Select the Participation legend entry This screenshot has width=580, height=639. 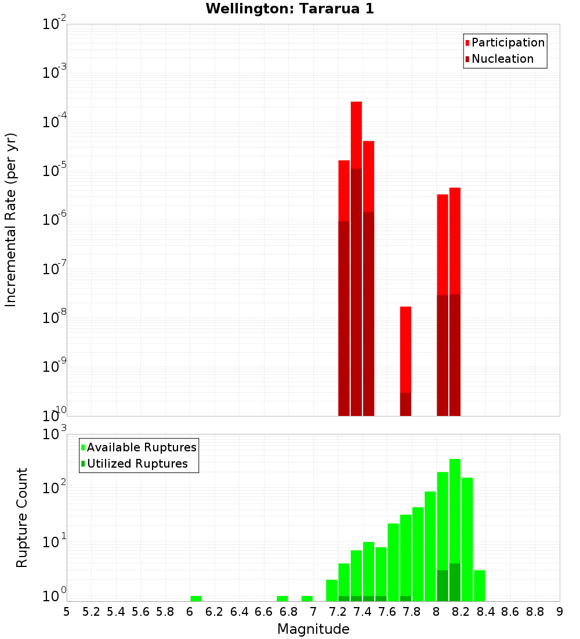point(505,42)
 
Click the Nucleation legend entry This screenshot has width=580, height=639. point(499,59)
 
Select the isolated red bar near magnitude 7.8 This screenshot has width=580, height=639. point(405,349)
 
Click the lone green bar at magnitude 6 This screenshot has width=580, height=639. point(196,598)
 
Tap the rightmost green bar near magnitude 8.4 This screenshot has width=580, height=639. point(480,586)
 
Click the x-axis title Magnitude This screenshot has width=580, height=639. point(313,629)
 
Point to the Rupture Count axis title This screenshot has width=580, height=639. point(22,518)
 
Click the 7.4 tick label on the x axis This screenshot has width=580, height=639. point(362,612)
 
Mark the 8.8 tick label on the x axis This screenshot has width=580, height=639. point(535,612)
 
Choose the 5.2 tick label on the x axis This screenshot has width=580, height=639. point(91,612)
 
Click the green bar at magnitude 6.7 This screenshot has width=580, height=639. point(282,598)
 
